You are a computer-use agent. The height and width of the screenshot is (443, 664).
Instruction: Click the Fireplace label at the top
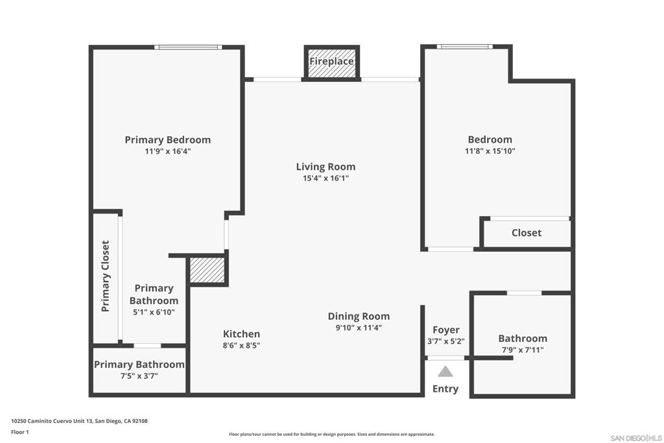tap(331, 62)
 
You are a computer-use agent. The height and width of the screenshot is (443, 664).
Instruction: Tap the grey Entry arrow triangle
tap(445, 372)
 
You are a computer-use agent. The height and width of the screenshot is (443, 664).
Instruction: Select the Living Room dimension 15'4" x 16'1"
tap(326, 178)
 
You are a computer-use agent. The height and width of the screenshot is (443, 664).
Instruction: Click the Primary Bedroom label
tap(168, 139)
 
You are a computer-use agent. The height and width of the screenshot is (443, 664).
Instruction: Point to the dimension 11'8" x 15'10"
tap(490, 150)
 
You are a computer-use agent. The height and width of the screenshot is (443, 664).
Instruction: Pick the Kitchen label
tap(241, 334)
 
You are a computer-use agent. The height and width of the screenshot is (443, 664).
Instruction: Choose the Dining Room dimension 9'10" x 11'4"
tap(359, 328)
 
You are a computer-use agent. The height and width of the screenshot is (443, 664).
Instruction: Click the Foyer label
tap(446, 330)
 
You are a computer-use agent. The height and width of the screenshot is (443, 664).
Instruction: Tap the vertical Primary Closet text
tap(106, 276)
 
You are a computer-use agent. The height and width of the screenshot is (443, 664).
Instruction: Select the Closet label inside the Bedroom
tap(527, 232)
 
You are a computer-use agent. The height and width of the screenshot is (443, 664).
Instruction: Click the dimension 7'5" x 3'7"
tap(139, 376)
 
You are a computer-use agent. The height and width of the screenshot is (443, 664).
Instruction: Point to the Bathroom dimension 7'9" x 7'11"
tap(523, 350)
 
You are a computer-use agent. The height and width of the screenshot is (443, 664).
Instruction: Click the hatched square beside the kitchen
tap(207, 270)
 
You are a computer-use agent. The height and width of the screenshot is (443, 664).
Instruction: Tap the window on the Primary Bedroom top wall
tap(188, 47)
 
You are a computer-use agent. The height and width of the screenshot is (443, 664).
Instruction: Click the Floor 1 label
tap(20, 432)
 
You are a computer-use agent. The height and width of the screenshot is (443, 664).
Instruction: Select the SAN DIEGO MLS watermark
tap(636, 438)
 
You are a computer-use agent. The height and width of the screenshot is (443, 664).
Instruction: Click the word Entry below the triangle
tap(445, 389)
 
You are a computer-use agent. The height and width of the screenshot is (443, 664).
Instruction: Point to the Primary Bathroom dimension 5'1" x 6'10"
tap(154, 312)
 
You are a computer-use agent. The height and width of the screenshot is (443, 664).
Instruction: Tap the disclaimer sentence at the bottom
tap(332, 434)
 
